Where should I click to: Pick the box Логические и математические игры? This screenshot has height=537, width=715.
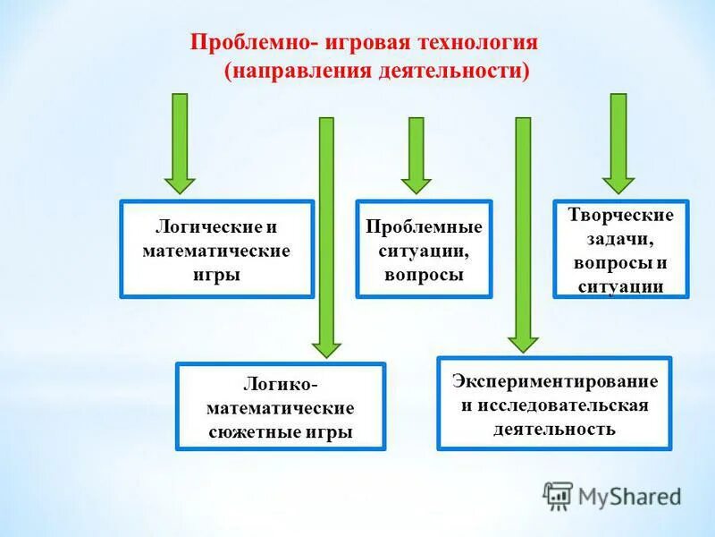tap(216, 249)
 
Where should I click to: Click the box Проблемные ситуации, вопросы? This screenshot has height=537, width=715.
tap(424, 249)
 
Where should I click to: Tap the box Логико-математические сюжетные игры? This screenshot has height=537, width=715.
tap(281, 405)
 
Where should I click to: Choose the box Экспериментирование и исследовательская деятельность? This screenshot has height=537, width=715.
tap(554, 403)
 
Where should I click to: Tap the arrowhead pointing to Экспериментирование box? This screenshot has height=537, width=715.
tap(524, 341)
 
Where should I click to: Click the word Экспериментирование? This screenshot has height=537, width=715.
tap(554, 380)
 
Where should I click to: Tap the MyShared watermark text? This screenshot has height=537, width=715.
tap(630, 496)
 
